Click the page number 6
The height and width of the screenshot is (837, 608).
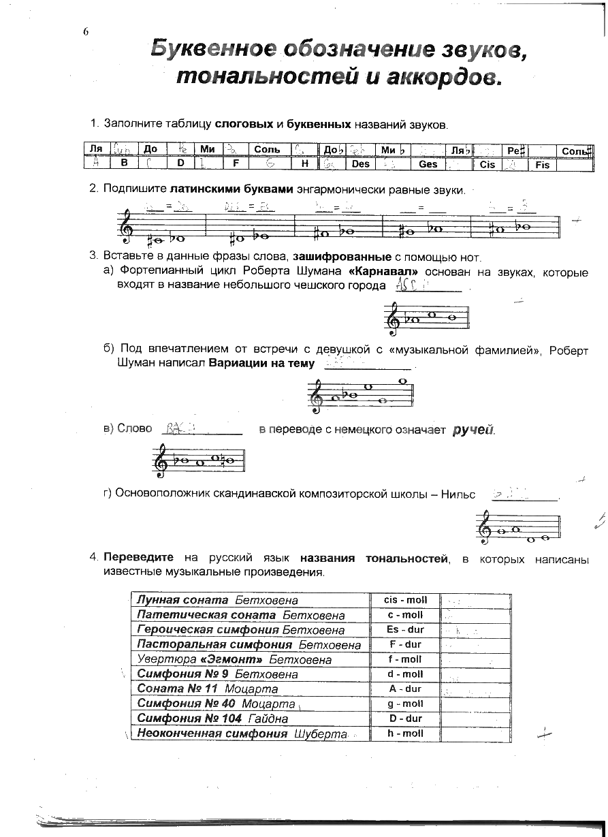click(86, 32)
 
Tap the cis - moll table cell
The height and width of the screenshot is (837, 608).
click(405, 600)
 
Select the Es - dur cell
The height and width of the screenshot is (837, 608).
click(405, 629)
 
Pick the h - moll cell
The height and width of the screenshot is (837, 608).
click(405, 733)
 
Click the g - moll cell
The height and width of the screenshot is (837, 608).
click(405, 704)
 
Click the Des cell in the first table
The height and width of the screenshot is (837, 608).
click(360, 164)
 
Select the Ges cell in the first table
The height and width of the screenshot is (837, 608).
click(428, 164)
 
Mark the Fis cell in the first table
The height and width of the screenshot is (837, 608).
click(542, 165)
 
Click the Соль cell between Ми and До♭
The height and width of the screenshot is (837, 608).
click(268, 149)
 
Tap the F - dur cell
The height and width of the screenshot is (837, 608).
click(405, 644)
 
